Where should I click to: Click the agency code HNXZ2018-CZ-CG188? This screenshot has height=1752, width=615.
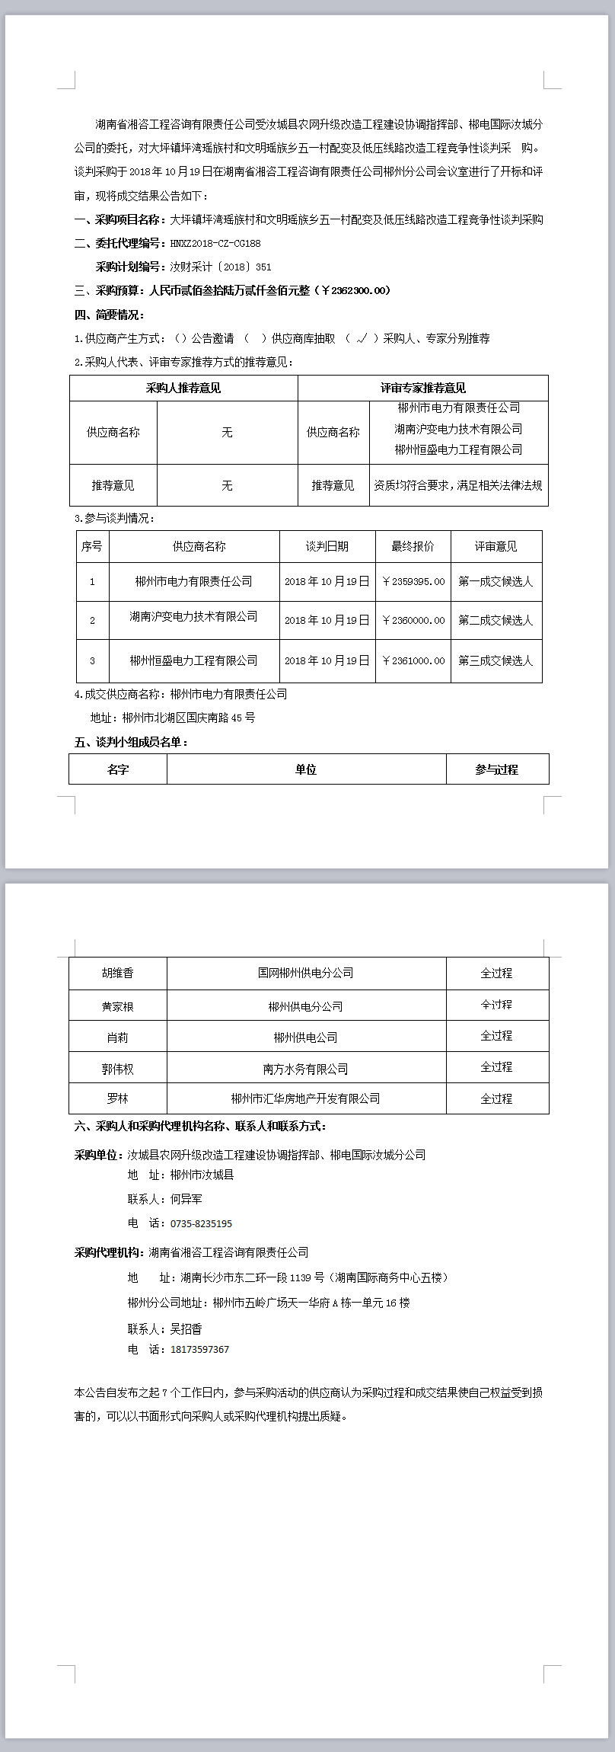pos(215,243)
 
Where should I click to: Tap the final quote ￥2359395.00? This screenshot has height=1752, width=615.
pos(413,581)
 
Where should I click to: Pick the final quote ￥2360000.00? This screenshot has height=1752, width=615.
pos(413,620)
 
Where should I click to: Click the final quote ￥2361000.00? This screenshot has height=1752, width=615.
pos(413,660)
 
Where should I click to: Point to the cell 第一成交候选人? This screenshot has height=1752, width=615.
pos(496,581)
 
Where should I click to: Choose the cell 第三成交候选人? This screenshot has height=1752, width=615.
pos(496,660)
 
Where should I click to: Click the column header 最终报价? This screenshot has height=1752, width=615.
pos(413,546)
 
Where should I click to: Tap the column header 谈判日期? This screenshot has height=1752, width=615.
pos(327,546)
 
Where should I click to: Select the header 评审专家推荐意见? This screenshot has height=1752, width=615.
pos(422,388)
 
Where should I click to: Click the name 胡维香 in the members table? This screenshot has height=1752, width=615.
pos(118,973)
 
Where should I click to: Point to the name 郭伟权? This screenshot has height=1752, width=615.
pos(118,1069)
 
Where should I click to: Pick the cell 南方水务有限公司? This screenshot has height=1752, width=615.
pos(305,1069)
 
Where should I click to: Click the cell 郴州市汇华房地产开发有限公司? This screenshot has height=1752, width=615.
pos(305,1098)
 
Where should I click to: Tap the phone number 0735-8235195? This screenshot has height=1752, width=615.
pos(201,1223)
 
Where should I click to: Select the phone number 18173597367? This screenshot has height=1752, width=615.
pos(199,1349)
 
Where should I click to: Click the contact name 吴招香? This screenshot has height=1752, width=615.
pos(186,1328)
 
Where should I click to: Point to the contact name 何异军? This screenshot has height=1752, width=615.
pos(186,1199)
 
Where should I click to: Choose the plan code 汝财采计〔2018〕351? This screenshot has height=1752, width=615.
pos(220,267)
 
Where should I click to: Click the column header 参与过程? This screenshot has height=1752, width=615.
pos(496,769)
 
